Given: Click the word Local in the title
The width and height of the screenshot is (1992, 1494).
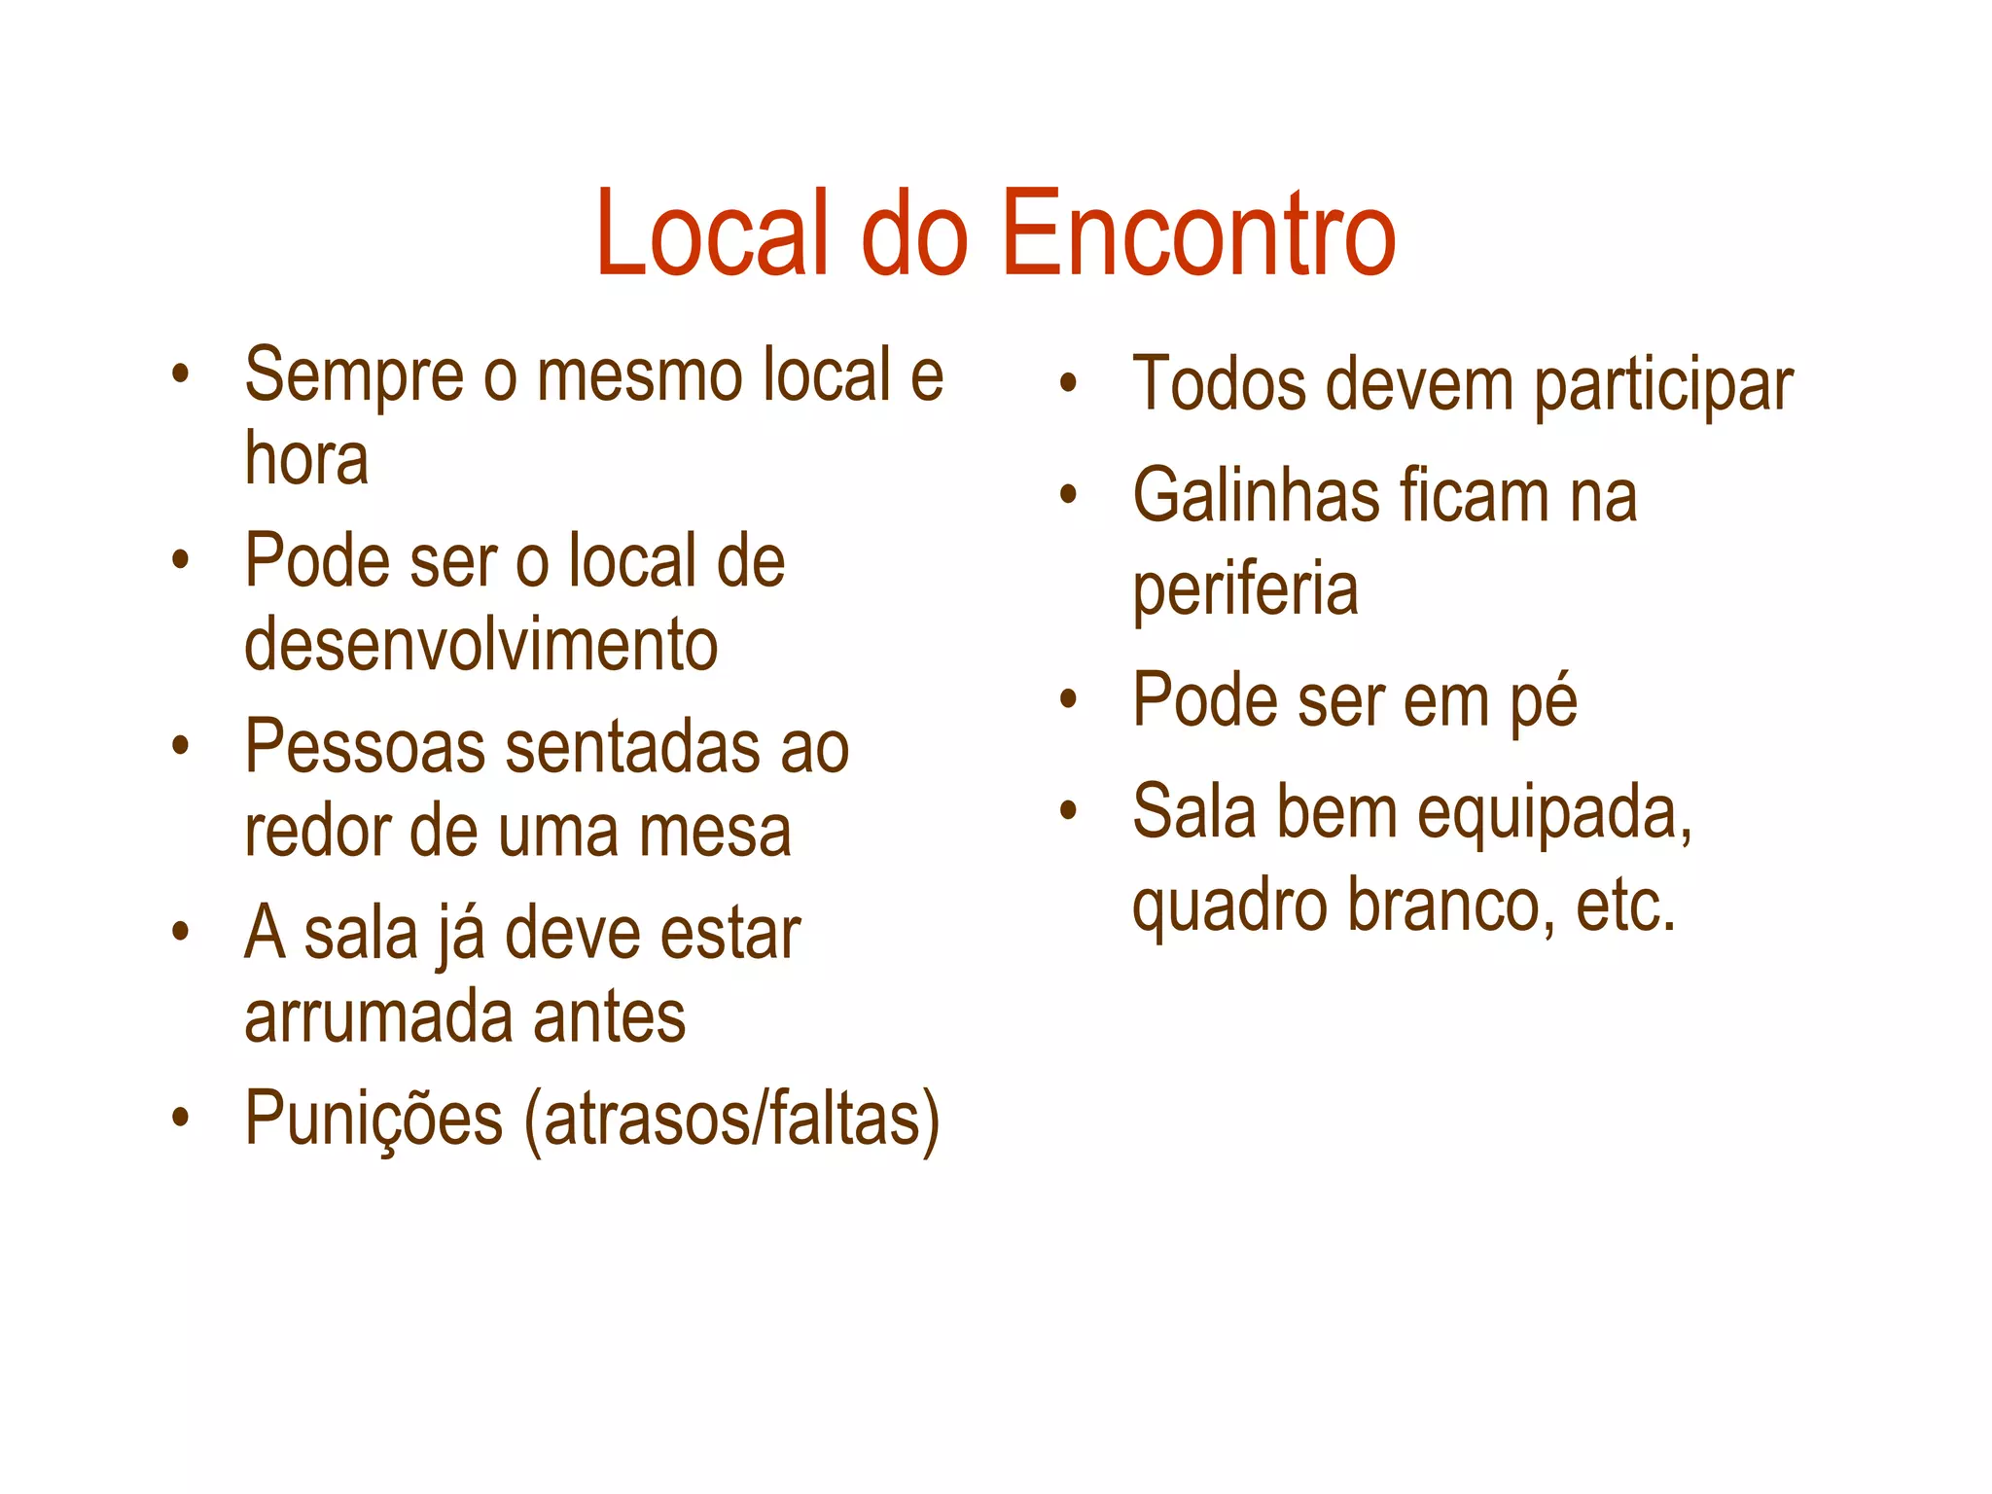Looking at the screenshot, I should pyautogui.click(x=712, y=234).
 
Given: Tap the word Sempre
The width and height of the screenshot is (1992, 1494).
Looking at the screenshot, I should pyautogui.click(x=354, y=375).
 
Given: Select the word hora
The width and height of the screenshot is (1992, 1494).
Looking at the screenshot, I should pyautogui.click(x=306, y=459).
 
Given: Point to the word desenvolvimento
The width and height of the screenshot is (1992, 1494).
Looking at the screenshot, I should pyautogui.click(x=480, y=646).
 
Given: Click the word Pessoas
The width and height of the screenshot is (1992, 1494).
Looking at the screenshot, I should pyautogui.click(x=365, y=747).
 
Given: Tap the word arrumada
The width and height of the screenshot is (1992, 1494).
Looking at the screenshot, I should pyautogui.click(x=377, y=1017).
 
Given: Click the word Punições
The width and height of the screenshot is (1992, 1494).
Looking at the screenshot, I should pyautogui.click(x=373, y=1119).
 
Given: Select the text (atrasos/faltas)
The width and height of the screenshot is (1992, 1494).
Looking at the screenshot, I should pyautogui.click(x=731, y=1120).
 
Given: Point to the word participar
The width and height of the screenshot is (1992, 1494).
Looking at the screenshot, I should pyautogui.click(x=1663, y=387).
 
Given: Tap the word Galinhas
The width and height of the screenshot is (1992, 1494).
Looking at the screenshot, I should pyautogui.click(x=1256, y=496).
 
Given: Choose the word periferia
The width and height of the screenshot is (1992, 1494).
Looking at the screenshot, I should pyautogui.click(x=1245, y=589).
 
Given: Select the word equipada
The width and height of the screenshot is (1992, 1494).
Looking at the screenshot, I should pyautogui.click(x=1553, y=813).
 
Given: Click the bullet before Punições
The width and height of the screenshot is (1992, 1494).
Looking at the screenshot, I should pyautogui.click(x=180, y=1117).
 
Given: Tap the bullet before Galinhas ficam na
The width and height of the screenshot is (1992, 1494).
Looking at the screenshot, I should pyautogui.click(x=1068, y=495).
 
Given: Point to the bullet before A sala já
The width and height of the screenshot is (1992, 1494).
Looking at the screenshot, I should pyautogui.click(x=180, y=931).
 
